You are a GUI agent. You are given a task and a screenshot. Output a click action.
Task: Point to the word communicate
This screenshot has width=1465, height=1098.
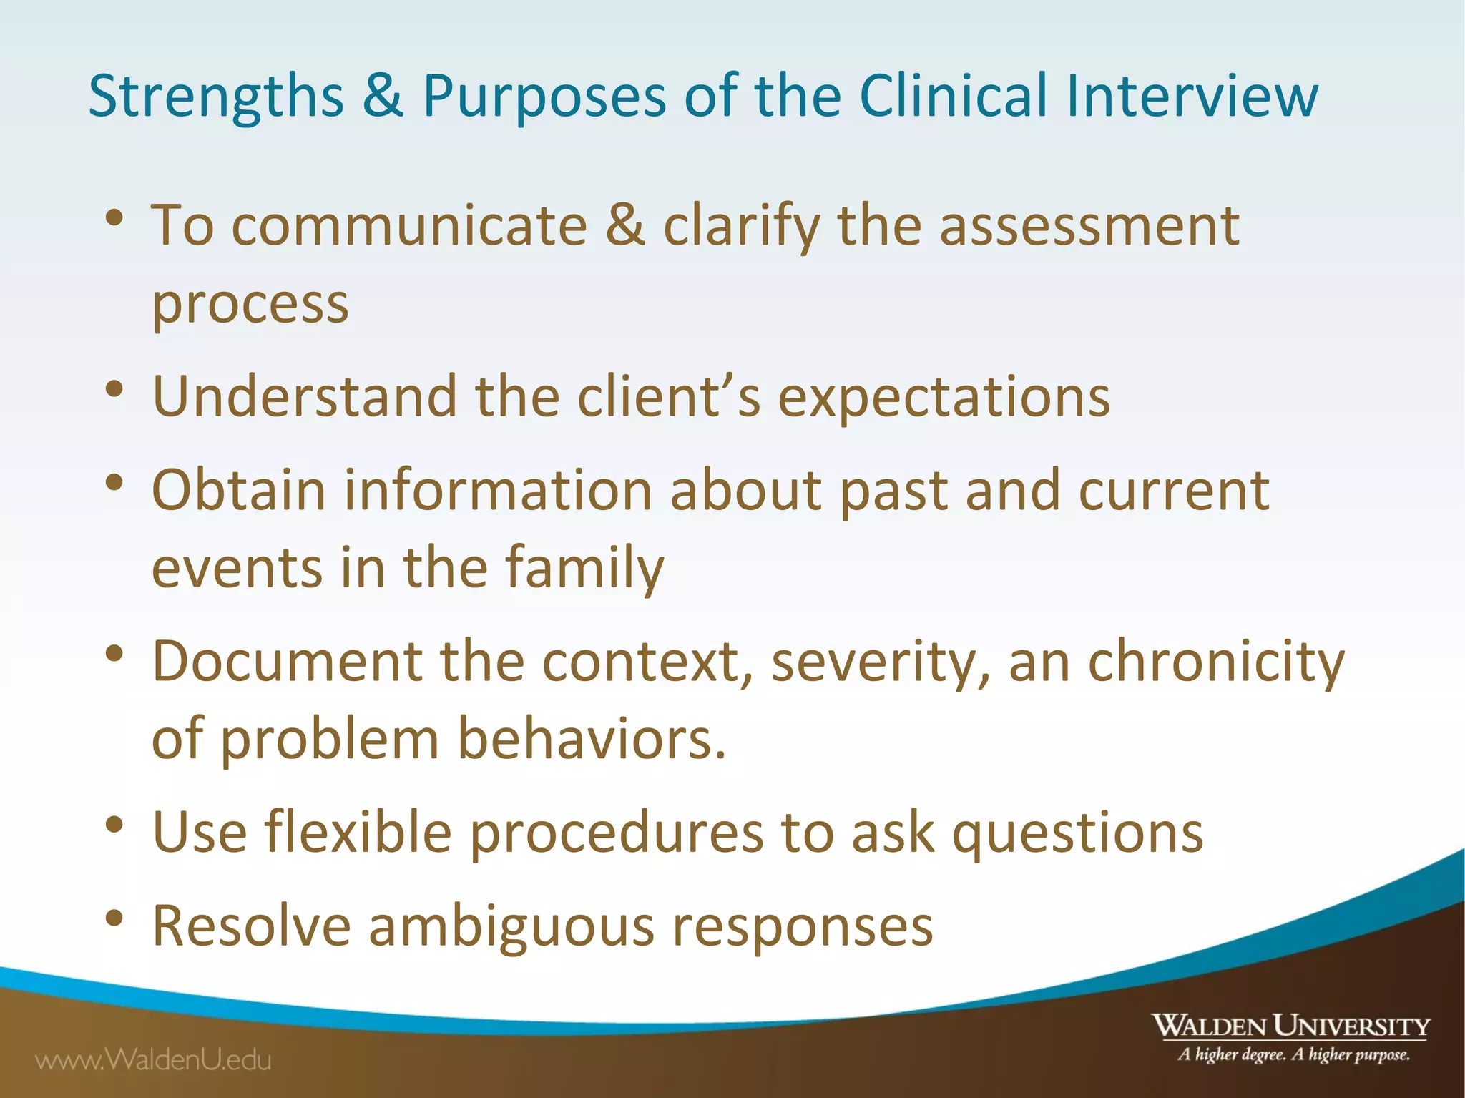click(409, 226)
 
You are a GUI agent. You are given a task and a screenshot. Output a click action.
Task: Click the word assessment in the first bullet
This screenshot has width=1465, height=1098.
click(1089, 226)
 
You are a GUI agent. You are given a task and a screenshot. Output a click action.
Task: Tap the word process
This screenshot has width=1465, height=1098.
click(250, 304)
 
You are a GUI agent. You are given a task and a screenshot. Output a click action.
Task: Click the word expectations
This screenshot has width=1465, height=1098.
click(944, 397)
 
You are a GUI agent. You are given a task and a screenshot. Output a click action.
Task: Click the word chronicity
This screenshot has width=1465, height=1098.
click(1216, 662)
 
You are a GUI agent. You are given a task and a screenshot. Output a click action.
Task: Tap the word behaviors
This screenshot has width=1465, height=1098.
click(591, 739)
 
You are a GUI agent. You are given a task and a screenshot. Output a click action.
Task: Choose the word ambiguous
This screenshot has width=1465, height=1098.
click(511, 926)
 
